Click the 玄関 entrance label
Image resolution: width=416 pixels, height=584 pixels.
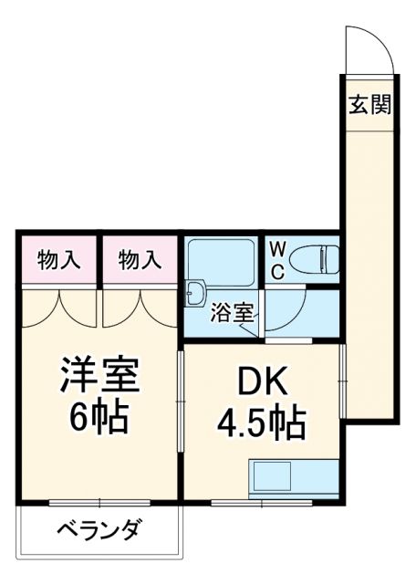click(x=369, y=105)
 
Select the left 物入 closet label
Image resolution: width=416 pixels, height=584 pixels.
click(x=59, y=260)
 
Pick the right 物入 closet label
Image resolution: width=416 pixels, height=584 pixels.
click(x=140, y=260)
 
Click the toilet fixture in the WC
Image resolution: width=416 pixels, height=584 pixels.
click(x=316, y=260)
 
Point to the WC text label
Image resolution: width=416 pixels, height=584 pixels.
click(x=277, y=260)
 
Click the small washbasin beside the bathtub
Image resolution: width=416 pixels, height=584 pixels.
click(x=195, y=293)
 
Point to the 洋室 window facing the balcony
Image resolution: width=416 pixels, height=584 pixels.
click(x=100, y=503)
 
